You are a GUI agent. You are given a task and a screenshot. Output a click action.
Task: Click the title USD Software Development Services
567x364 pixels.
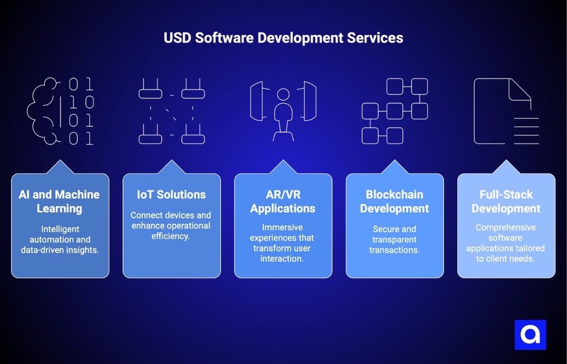(283, 38)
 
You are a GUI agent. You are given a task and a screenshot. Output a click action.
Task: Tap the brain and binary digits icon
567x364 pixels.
(60, 111)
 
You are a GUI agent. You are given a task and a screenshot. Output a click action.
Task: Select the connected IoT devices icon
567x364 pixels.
(172, 111)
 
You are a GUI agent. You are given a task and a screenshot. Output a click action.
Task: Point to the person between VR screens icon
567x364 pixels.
(283, 111)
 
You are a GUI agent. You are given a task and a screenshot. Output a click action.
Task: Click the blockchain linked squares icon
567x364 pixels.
(394, 111)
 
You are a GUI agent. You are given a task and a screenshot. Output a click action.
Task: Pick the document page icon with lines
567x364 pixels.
(506, 111)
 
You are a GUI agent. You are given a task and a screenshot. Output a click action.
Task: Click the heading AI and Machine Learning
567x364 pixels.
(60, 201)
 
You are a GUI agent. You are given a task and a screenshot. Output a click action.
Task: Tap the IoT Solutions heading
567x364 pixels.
(171, 195)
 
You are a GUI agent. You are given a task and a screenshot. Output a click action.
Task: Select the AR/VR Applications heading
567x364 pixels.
(283, 201)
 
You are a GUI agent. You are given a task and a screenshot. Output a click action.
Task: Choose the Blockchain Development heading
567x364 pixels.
(394, 201)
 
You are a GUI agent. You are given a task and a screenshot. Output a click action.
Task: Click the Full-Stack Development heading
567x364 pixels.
(506, 201)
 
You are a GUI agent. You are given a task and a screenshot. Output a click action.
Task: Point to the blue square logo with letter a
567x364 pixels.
(530, 334)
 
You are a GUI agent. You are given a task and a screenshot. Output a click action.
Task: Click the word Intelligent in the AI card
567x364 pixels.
(60, 229)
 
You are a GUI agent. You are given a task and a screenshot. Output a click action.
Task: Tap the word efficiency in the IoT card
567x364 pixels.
(171, 236)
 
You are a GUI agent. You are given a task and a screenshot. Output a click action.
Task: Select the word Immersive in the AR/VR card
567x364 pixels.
(282, 228)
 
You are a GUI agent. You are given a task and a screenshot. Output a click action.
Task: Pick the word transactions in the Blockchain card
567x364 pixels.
(394, 250)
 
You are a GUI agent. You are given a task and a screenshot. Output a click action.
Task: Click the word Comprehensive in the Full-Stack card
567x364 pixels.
(506, 228)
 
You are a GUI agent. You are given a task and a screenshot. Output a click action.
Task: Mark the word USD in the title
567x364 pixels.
(177, 38)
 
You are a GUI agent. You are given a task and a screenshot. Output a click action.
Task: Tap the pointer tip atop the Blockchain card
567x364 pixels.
(395, 161)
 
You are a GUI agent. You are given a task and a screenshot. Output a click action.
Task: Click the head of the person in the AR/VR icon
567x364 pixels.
(283, 94)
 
